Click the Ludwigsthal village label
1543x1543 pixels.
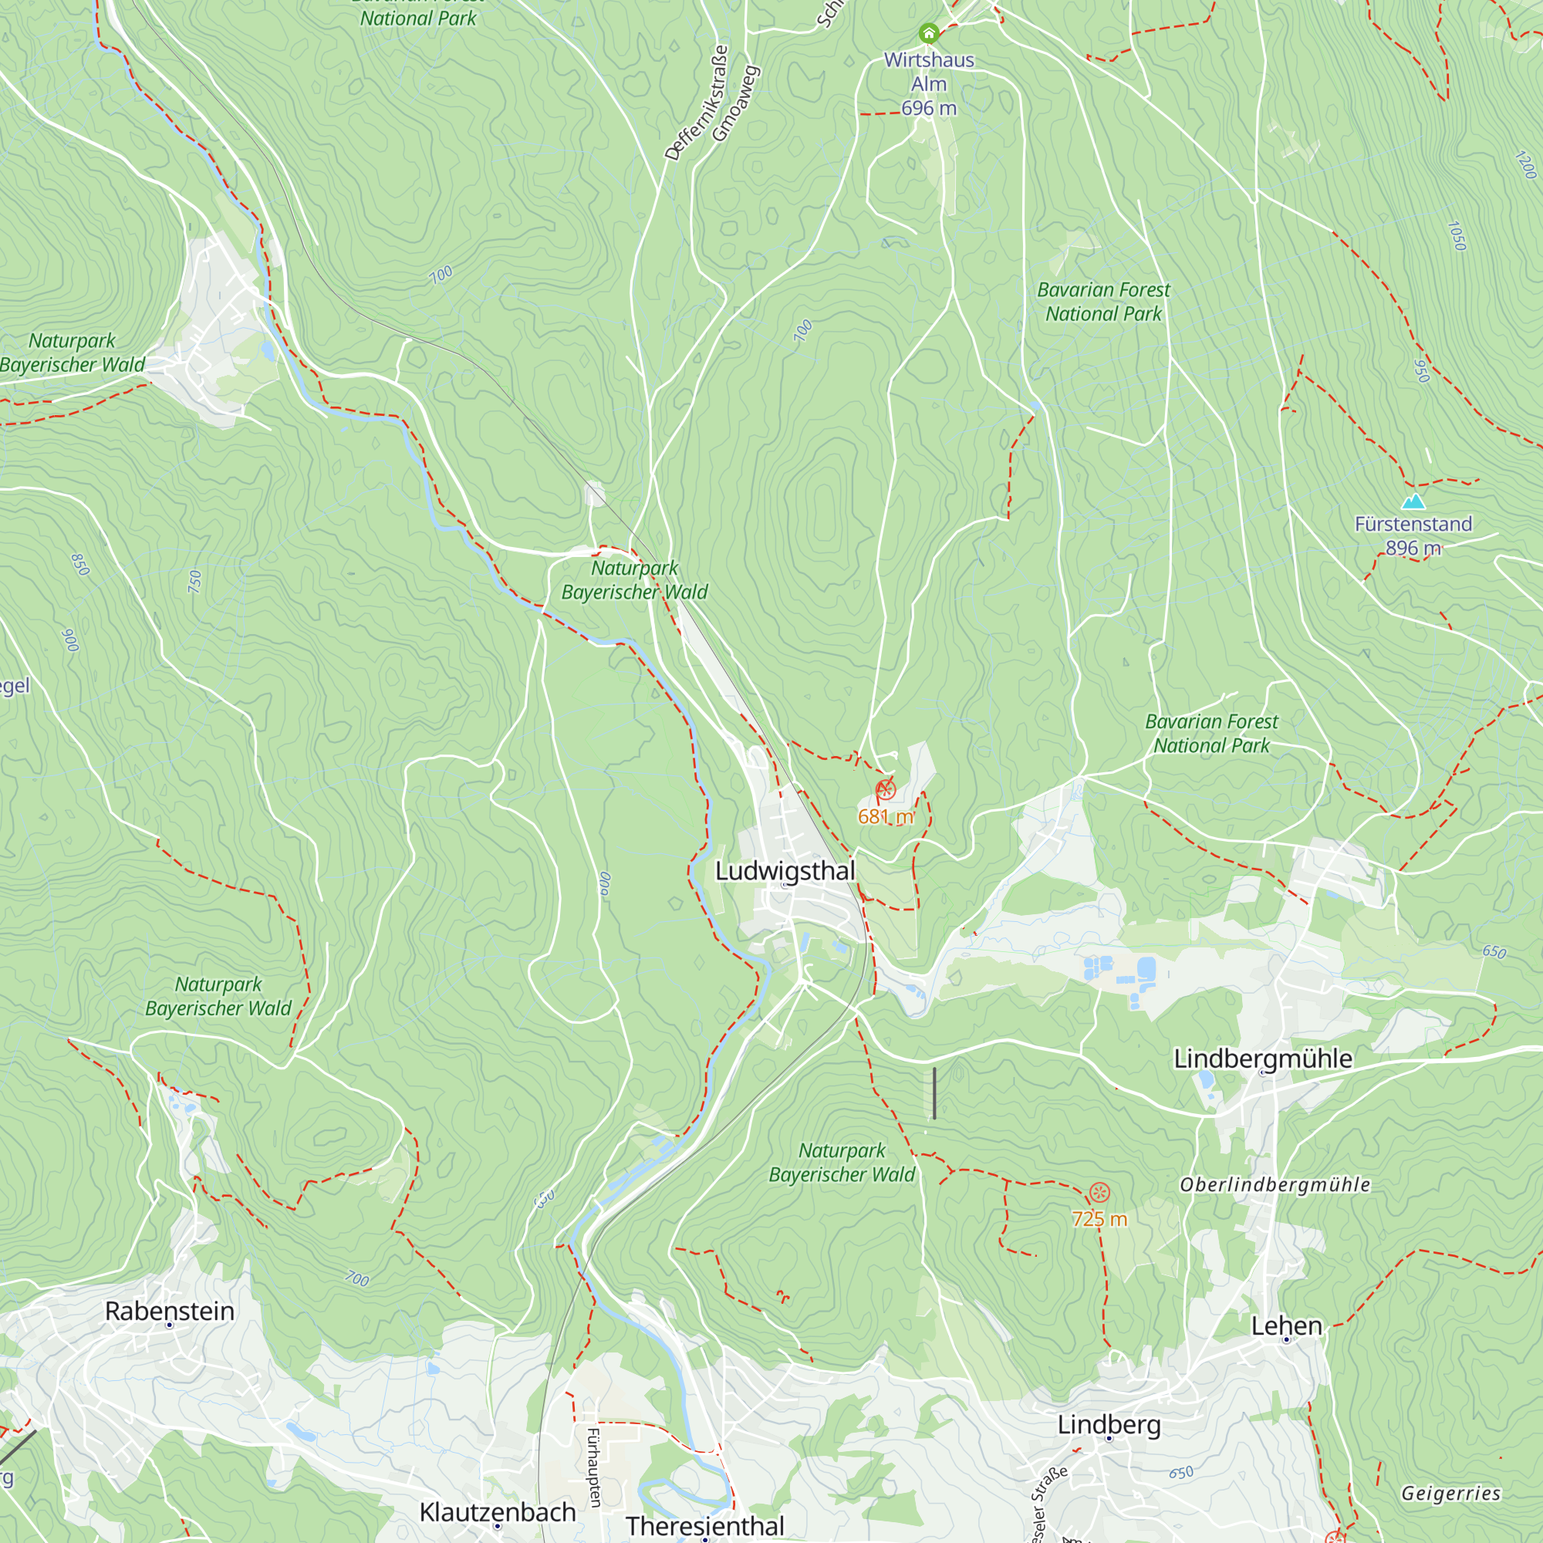tap(785, 871)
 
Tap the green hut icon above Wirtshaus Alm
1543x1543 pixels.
tap(928, 33)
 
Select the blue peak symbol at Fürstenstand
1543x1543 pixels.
tap(1413, 501)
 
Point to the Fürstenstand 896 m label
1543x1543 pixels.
tap(1413, 536)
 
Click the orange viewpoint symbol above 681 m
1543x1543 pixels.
tap(886, 791)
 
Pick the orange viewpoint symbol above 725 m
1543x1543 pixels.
tap(1099, 1194)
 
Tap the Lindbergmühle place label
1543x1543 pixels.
tap(1263, 1059)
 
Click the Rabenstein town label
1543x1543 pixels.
tap(169, 1312)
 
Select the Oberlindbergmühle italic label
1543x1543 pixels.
tap(1275, 1185)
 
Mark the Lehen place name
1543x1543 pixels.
tap(1286, 1325)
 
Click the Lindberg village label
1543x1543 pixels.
tap(1109, 1425)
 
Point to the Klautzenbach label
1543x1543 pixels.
tap(497, 1512)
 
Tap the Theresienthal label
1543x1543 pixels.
tap(704, 1525)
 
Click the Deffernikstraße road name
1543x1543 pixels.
tap(697, 103)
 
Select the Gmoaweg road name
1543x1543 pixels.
tap(734, 104)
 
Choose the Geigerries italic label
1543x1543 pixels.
tap(1450, 1494)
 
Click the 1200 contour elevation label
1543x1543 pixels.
tap(1524, 165)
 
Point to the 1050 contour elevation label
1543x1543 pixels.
tap(1456, 236)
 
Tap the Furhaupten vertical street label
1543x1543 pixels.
tap(593, 1468)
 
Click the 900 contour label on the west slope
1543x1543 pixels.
tap(70, 640)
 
